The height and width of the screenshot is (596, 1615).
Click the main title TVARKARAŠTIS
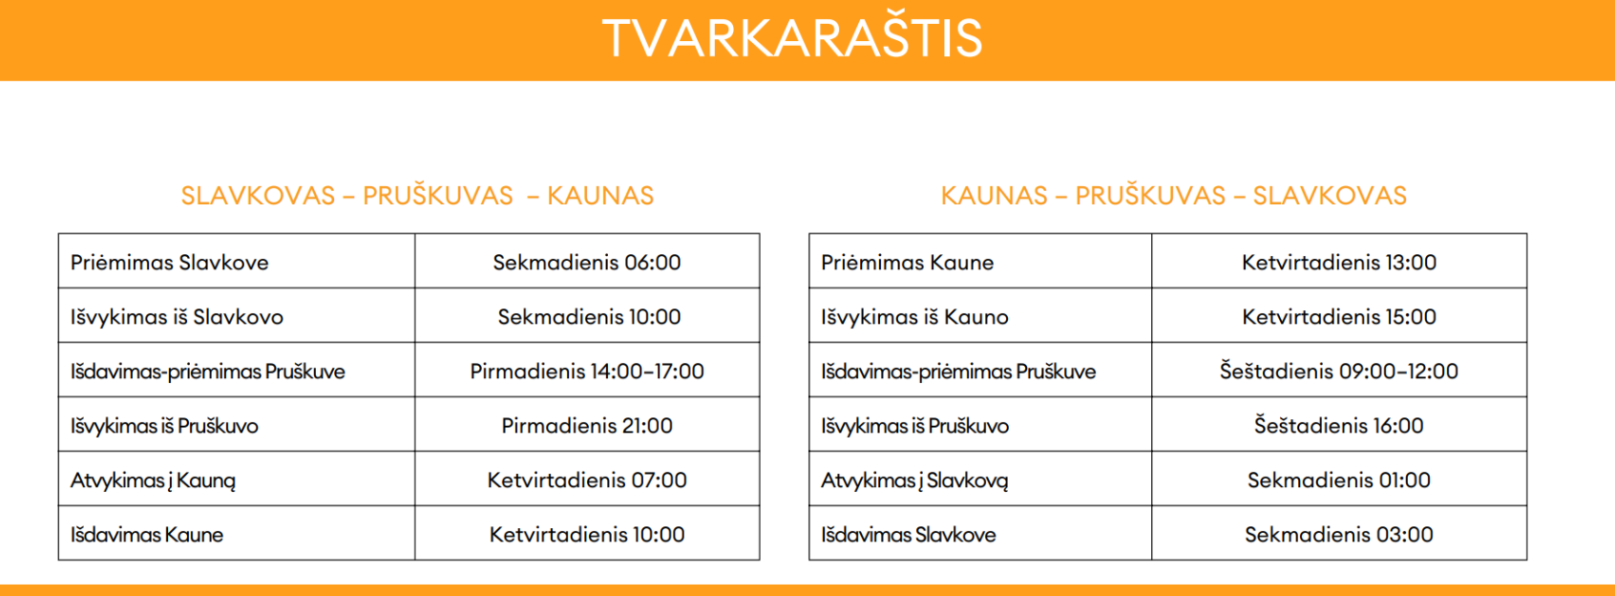(792, 37)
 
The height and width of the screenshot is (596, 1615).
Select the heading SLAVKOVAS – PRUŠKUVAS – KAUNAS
(417, 196)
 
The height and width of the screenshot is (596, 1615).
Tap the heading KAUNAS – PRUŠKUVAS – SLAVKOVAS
(1174, 196)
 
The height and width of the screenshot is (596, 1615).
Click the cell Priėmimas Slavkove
(170, 262)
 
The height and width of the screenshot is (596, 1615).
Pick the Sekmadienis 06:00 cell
(587, 262)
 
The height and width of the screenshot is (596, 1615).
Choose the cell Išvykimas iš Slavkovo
(177, 317)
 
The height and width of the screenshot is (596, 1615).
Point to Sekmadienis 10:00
(589, 317)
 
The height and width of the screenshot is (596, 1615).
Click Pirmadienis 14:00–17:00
(587, 371)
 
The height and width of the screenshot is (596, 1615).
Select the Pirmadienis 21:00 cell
(587, 426)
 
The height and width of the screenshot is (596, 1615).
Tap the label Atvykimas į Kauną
(153, 480)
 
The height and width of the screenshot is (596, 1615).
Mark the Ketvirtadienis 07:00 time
(587, 479)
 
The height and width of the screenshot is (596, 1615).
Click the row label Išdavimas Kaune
(147, 535)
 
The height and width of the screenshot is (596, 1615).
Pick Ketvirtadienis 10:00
(587, 535)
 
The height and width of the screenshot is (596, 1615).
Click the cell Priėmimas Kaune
(907, 262)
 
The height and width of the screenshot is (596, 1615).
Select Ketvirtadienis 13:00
(1339, 262)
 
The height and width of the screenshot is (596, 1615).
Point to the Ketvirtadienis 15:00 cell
(1339, 317)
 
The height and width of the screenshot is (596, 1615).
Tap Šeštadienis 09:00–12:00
(1339, 371)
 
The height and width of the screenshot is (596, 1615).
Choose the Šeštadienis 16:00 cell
(1339, 426)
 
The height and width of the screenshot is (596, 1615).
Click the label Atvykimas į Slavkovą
(915, 480)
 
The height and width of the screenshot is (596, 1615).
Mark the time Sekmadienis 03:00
(1339, 535)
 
